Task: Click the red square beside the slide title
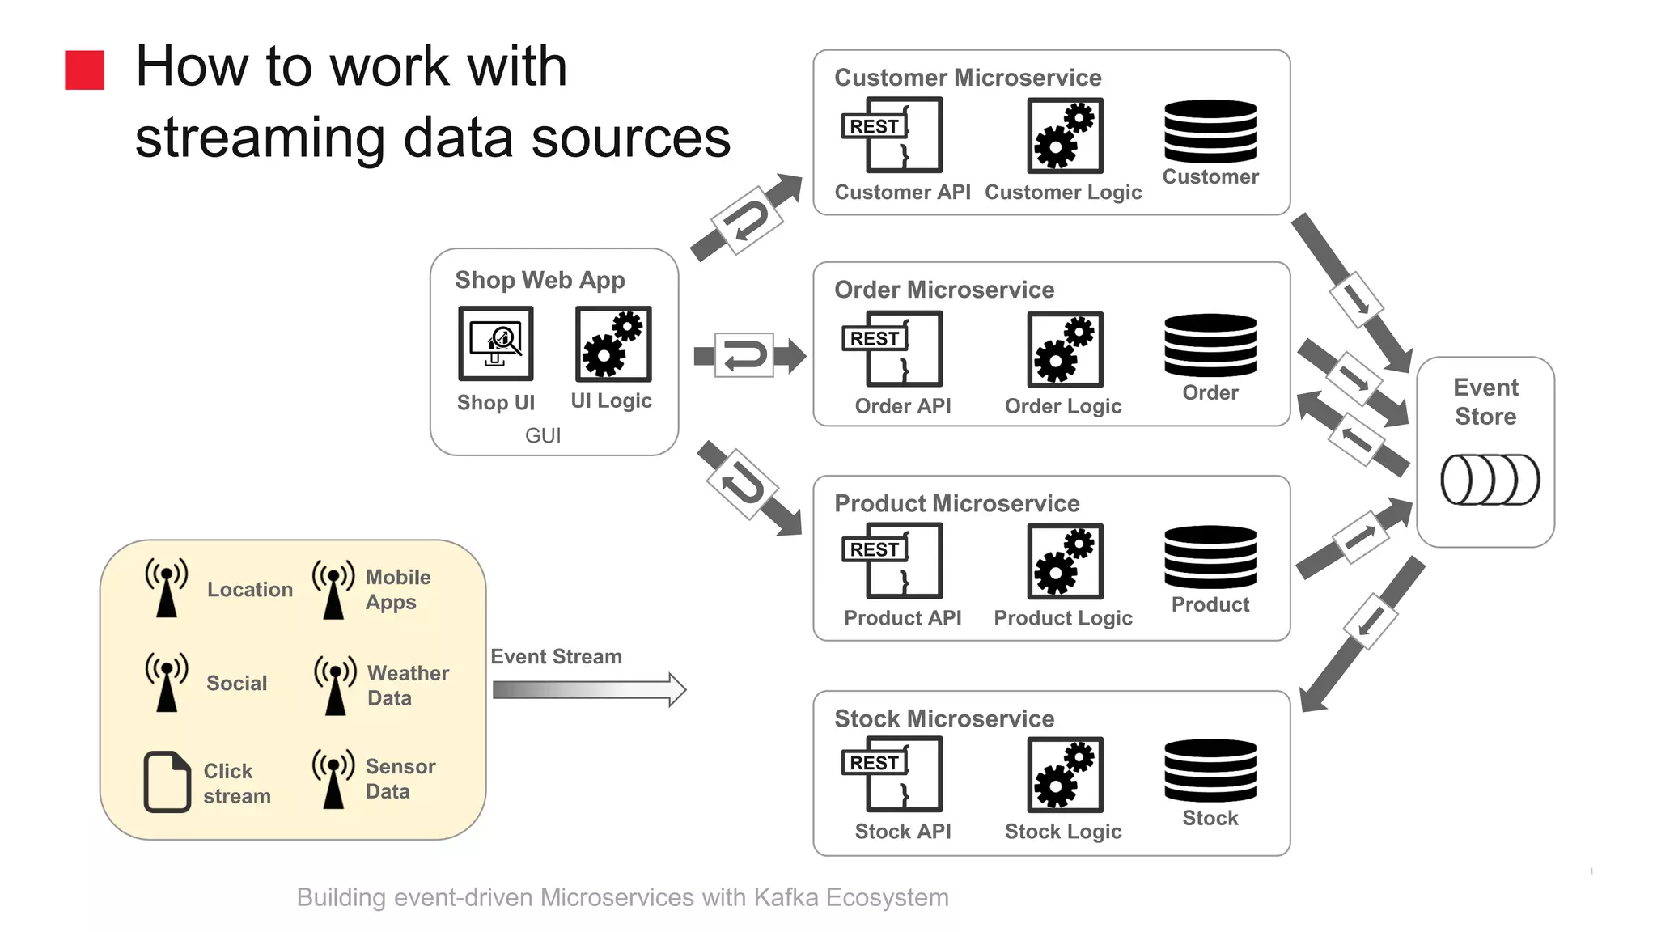click(84, 70)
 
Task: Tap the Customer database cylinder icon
click(1210, 131)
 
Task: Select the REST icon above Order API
click(892, 349)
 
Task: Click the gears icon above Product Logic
click(1065, 561)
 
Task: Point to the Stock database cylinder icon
click(1210, 770)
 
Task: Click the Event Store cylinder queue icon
click(1490, 480)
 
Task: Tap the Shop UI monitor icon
click(495, 343)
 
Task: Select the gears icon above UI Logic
click(612, 343)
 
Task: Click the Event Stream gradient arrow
click(589, 689)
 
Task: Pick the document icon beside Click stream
click(167, 782)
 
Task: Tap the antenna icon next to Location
click(167, 587)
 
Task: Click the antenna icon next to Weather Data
click(335, 685)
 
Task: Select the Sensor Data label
click(400, 778)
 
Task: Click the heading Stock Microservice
click(943, 718)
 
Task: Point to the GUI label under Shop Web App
click(542, 435)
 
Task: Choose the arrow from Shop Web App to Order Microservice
click(749, 355)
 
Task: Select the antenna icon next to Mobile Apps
click(333, 590)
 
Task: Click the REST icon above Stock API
click(892, 773)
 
